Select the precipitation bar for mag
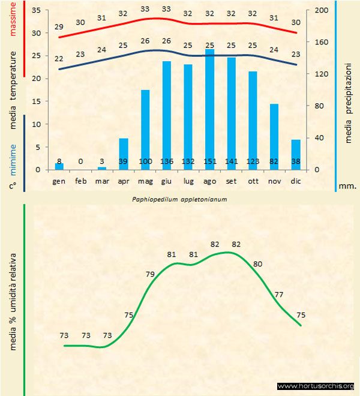click(145, 129)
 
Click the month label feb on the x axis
click(81, 181)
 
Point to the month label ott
click(253, 181)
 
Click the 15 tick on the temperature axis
click(35, 101)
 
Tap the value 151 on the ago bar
click(210, 162)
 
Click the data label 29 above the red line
click(59, 27)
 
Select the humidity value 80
click(258, 264)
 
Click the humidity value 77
click(279, 295)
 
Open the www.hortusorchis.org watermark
click(316, 386)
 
